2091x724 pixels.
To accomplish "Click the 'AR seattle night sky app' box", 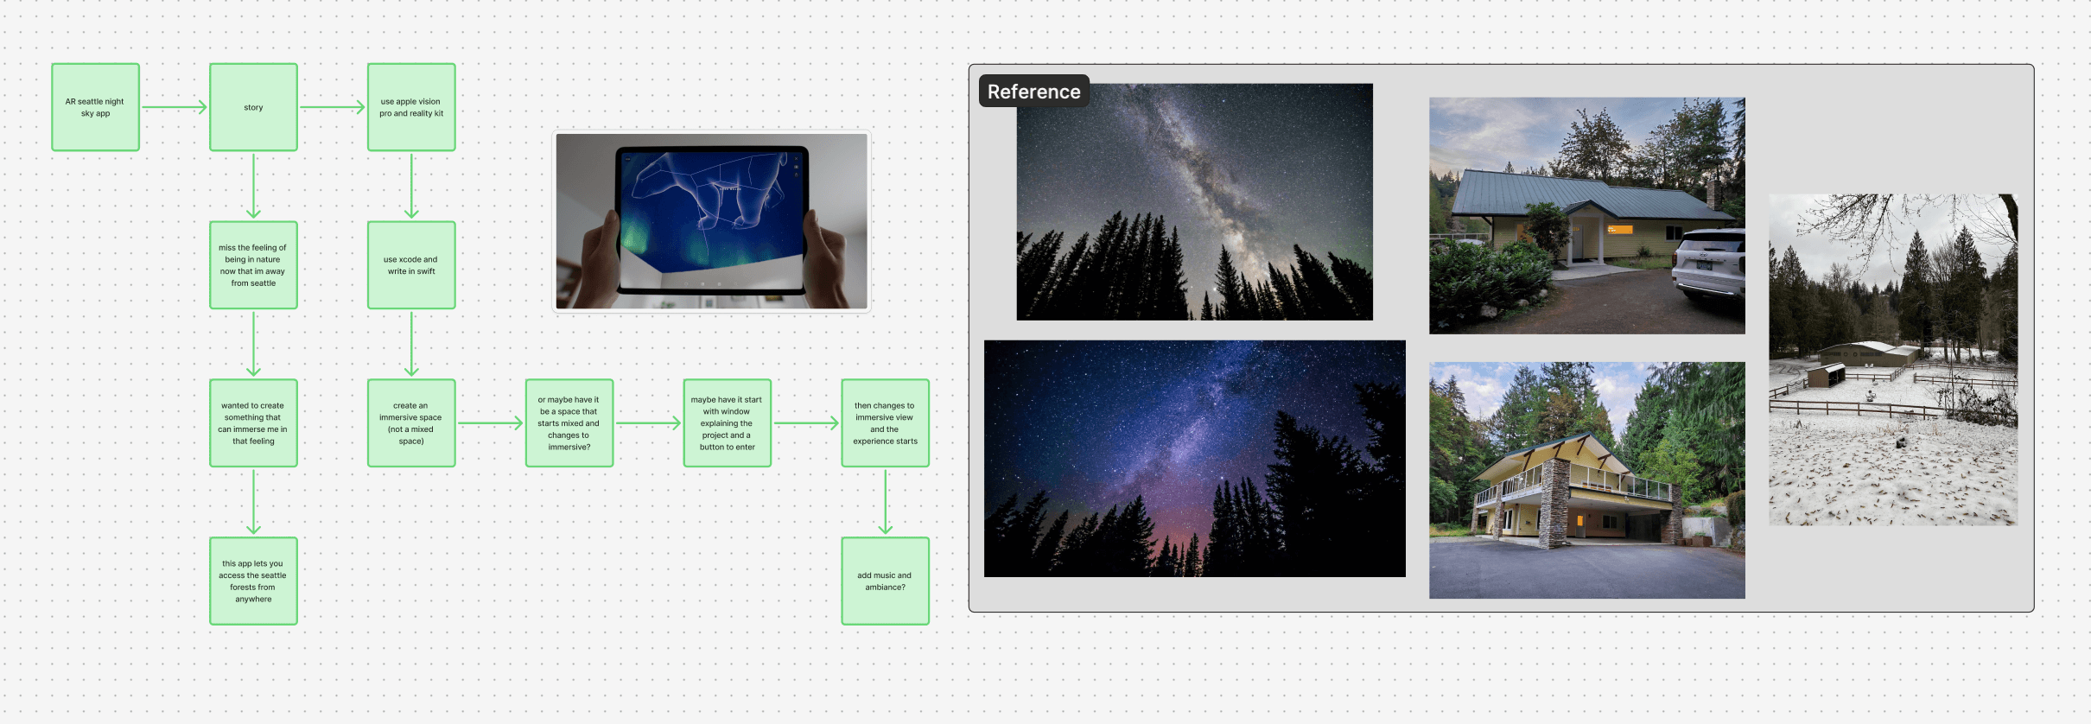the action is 95,107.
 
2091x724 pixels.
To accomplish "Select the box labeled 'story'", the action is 253,107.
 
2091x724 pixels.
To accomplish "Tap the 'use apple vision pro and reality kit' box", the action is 411,107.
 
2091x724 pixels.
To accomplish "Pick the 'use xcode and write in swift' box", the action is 411,265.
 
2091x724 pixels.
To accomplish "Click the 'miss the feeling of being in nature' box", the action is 253,265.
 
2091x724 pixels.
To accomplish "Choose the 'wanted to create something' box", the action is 253,423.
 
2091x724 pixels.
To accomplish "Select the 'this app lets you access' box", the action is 253,581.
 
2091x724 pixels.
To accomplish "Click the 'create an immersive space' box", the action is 411,423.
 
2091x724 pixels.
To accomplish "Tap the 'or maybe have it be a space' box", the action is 569,423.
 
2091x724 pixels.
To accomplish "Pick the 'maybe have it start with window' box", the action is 728,423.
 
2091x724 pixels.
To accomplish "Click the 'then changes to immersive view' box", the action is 886,423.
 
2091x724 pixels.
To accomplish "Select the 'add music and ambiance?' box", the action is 886,581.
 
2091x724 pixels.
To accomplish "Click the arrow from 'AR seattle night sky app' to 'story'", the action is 175,107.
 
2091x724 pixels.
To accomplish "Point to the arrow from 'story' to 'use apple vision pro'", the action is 333,107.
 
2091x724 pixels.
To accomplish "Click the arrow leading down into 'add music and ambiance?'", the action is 886,502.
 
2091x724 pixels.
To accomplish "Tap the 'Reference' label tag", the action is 1033,92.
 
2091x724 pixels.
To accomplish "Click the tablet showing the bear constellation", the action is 712,220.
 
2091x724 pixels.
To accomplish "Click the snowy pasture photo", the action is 1893,359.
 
